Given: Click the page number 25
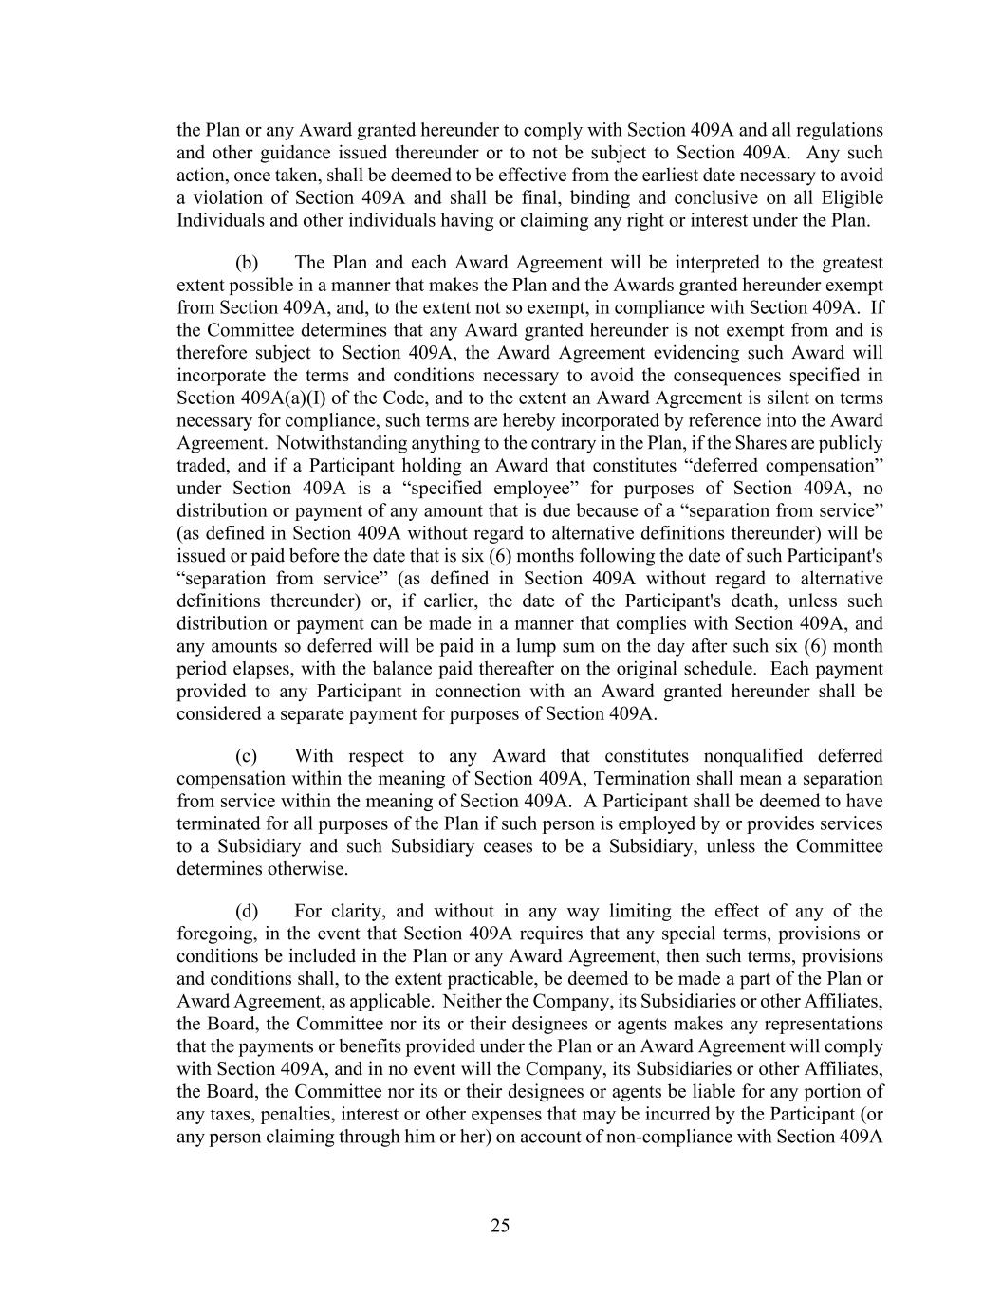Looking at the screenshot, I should tap(500, 1226).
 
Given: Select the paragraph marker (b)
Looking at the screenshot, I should tap(247, 263).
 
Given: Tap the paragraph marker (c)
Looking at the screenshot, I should tap(247, 756).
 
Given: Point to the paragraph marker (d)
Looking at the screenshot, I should tap(247, 912).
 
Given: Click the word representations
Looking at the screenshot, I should tap(819, 1024).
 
